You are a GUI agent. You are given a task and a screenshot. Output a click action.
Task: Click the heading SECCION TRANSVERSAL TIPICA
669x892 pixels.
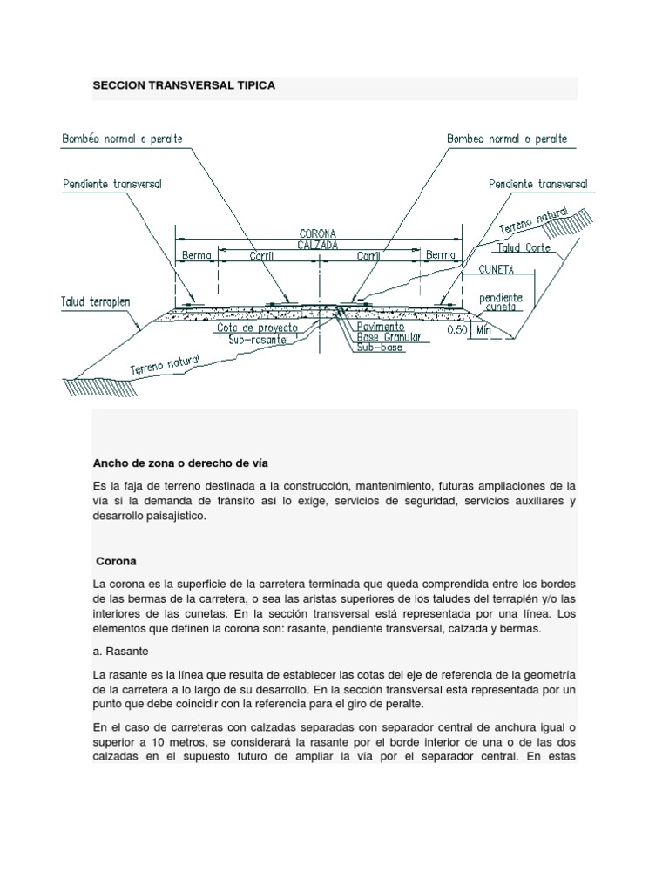point(183,86)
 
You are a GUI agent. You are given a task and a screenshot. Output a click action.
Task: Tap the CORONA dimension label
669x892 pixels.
point(318,233)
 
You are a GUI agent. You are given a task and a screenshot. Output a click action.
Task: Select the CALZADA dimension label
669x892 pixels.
point(318,245)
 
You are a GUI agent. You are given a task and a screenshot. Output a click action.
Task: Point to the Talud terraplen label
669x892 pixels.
point(96,301)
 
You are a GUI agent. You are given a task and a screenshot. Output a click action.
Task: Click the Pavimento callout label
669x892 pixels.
point(382,326)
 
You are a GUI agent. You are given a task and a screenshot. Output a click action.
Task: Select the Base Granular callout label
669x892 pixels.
point(389,336)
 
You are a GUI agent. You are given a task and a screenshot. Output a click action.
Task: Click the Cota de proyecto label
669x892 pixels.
point(257,328)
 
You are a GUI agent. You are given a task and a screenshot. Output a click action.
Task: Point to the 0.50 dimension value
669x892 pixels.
point(457,331)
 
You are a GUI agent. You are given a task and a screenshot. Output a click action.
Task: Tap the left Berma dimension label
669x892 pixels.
point(197,256)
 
